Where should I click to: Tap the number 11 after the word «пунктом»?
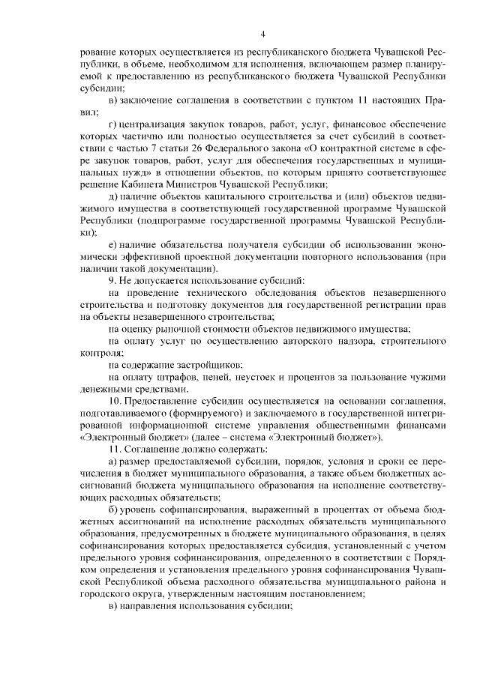pyautogui.click(x=342, y=100)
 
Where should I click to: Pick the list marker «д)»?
pyautogui.click(x=112, y=196)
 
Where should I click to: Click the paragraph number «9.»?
pyautogui.click(x=113, y=280)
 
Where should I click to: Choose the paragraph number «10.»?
pyautogui.click(x=115, y=400)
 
